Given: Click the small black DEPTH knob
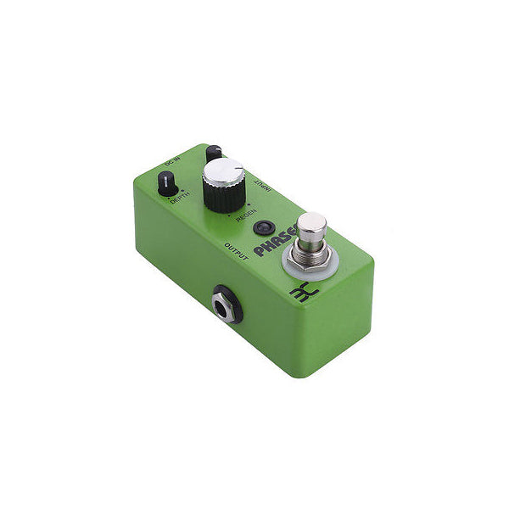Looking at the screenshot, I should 168,182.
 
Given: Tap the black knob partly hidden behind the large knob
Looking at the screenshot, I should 212,153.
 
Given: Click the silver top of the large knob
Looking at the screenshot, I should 224,173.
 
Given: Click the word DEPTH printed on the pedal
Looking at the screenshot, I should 181,201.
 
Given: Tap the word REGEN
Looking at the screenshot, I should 246,218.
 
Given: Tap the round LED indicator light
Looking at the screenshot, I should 263,227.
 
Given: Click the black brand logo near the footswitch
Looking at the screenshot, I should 299,293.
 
